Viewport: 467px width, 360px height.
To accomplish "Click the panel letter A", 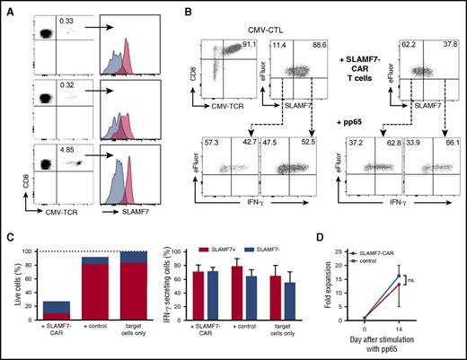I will click(7, 7).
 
